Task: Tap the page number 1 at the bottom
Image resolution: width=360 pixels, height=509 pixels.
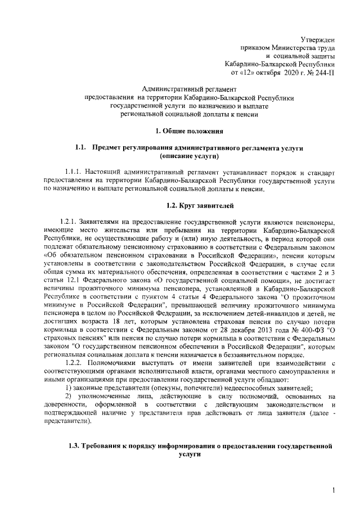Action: (x=334, y=491)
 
